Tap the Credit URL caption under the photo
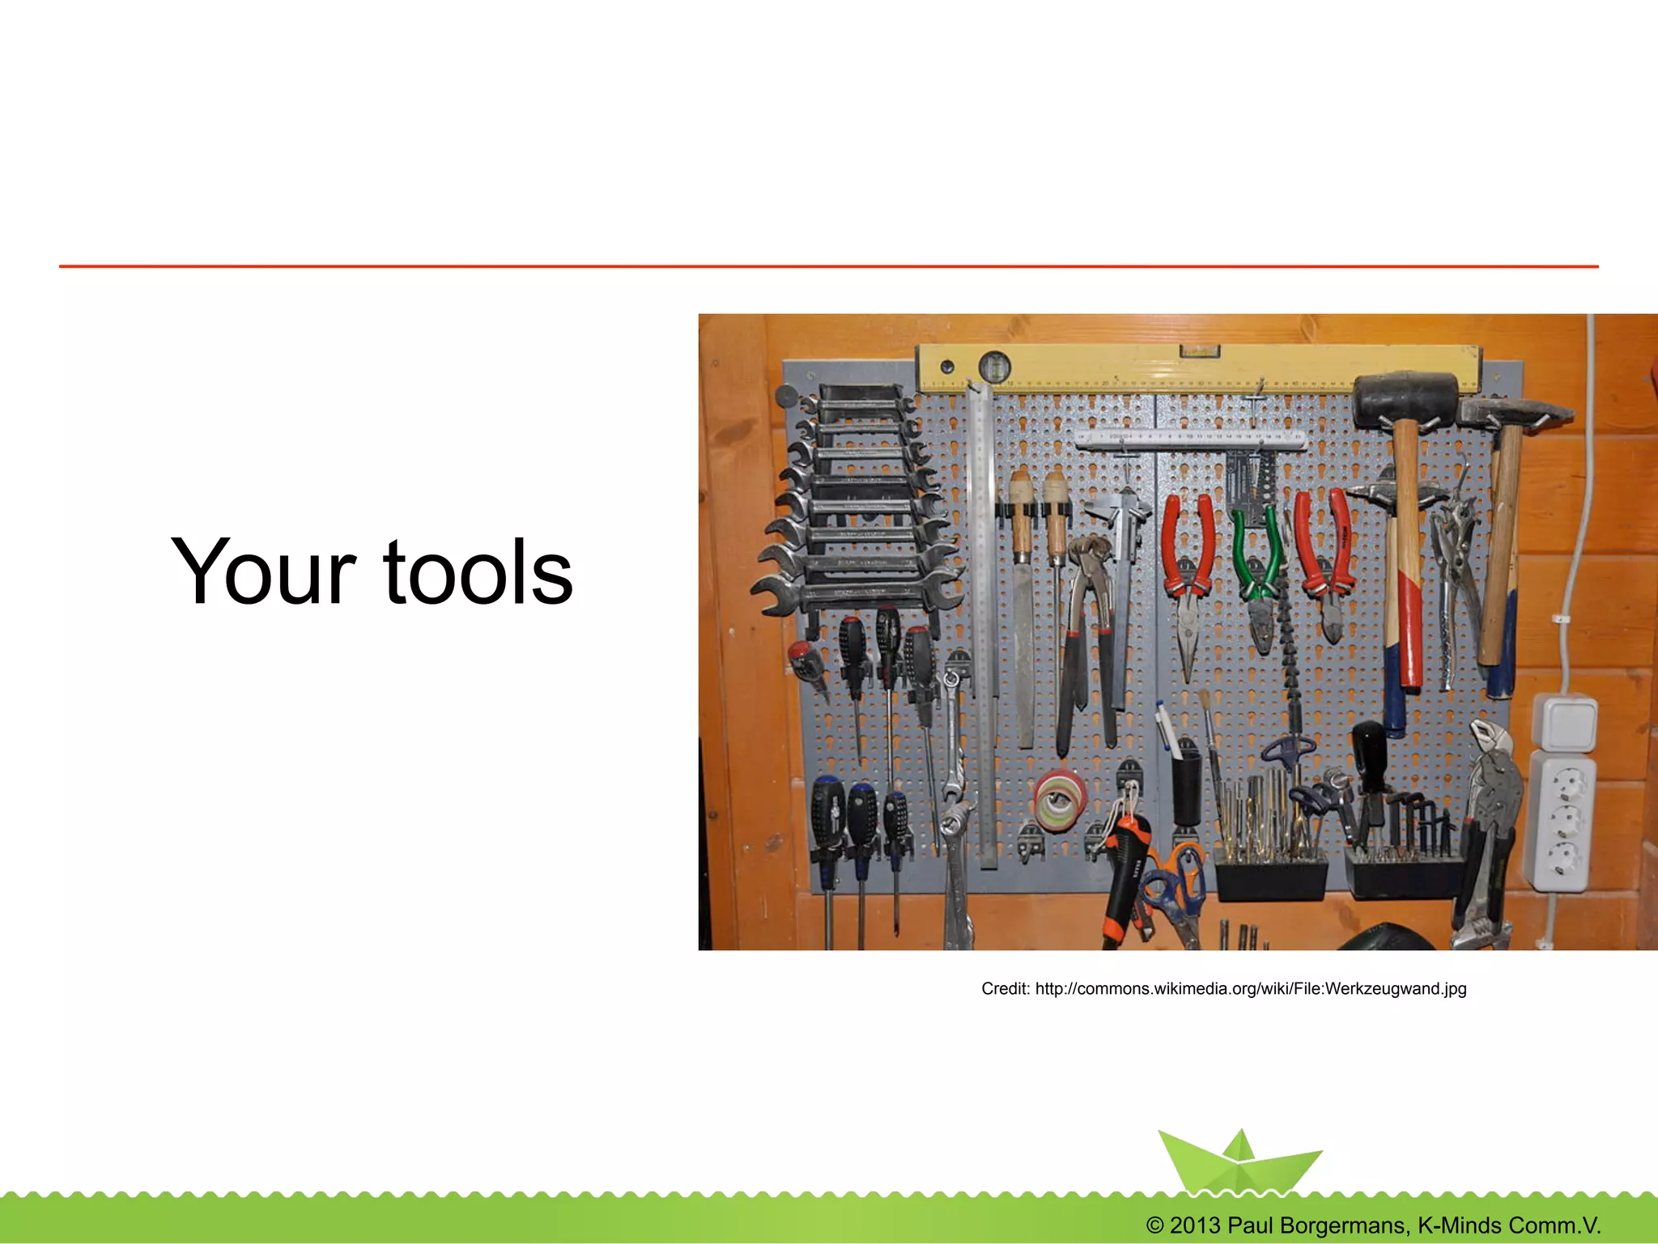(x=1223, y=988)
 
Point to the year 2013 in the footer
(x=1194, y=1225)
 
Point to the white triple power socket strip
(x=1560, y=822)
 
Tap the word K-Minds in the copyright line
(x=1460, y=1225)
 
